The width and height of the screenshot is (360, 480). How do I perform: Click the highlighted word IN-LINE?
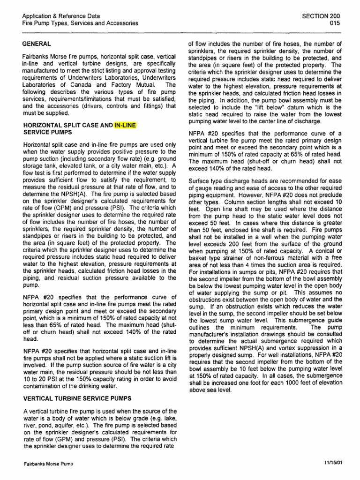point(126,126)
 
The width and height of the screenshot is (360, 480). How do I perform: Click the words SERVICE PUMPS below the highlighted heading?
point(45,133)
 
